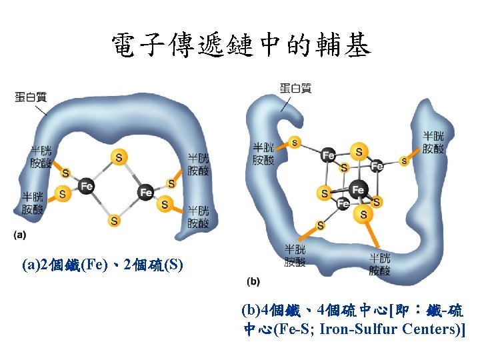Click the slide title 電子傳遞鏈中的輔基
pos(240,45)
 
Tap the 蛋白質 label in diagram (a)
pos(31,97)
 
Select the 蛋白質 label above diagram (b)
pos(295,88)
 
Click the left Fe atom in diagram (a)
pos(86,186)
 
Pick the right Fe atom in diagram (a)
pos(146,193)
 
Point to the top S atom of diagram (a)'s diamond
pos(119,157)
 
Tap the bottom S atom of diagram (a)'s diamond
pos(115,220)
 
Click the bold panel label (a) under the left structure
pos(20,235)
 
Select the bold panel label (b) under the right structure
pos(253,281)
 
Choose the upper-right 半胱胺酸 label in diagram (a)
pos(198,165)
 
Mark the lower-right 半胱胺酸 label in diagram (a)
pos(198,217)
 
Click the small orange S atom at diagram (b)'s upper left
pos(294,142)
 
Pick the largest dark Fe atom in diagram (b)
pos(358,190)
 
